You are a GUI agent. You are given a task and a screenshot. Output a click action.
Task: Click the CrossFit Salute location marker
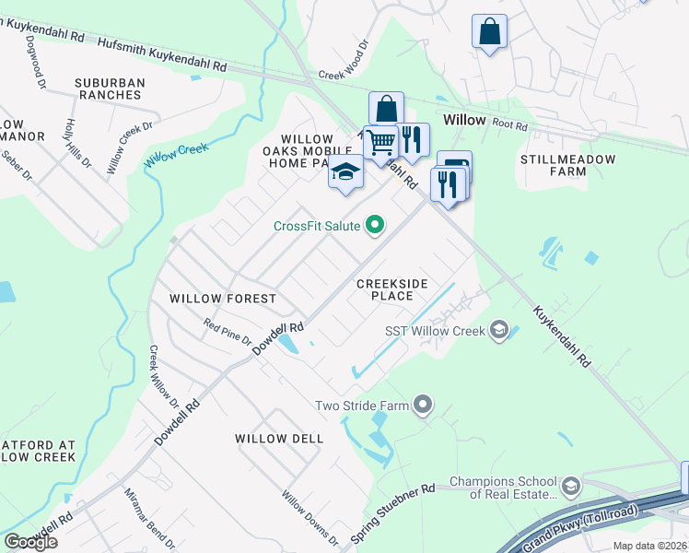tap(375, 225)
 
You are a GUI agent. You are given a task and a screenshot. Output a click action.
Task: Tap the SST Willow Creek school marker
tap(499, 330)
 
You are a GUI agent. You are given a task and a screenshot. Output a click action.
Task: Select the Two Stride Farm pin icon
tap(423, 404)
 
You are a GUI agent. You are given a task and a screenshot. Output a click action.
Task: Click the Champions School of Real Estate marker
tap(570, 487)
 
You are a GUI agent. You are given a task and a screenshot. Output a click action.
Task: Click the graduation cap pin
tap(345, 173)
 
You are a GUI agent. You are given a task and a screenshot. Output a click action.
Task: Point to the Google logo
tap(30, 542)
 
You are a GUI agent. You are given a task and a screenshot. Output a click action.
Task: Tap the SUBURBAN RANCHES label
tap(111, 88)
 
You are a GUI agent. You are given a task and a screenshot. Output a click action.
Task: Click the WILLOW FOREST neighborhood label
tap(223, 299)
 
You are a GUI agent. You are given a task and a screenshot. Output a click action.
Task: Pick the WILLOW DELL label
tap(279, 439)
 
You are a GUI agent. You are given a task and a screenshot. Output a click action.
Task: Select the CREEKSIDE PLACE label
tap(392, 289)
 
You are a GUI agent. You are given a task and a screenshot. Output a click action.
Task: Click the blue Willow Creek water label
tap(176, 154)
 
